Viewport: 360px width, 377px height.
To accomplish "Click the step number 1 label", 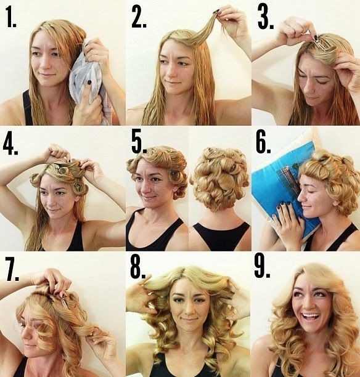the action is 11,17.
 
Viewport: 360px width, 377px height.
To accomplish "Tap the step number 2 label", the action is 139,17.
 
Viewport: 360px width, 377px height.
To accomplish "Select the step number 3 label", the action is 266,17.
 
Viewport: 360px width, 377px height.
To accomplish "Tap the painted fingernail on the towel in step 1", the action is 89,82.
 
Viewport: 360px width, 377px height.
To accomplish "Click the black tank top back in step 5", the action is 221,236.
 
